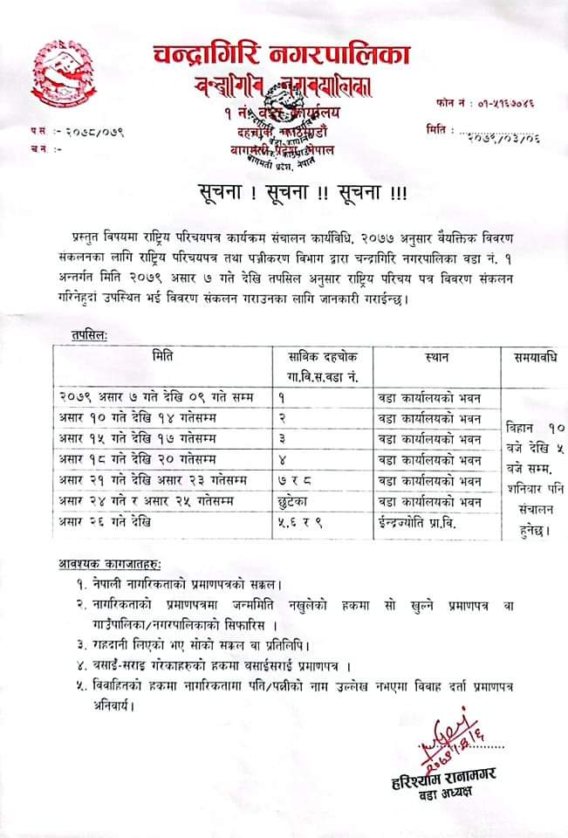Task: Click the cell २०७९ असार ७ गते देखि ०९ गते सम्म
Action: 157,397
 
